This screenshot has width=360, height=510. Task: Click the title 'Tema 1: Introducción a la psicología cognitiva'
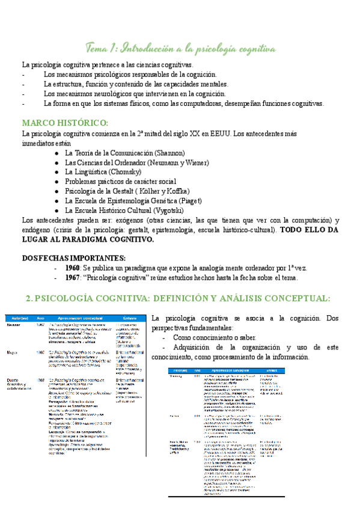[180, 48]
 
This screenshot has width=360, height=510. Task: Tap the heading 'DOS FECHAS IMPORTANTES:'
[73, 259]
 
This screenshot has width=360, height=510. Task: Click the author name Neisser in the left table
[14, 324]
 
